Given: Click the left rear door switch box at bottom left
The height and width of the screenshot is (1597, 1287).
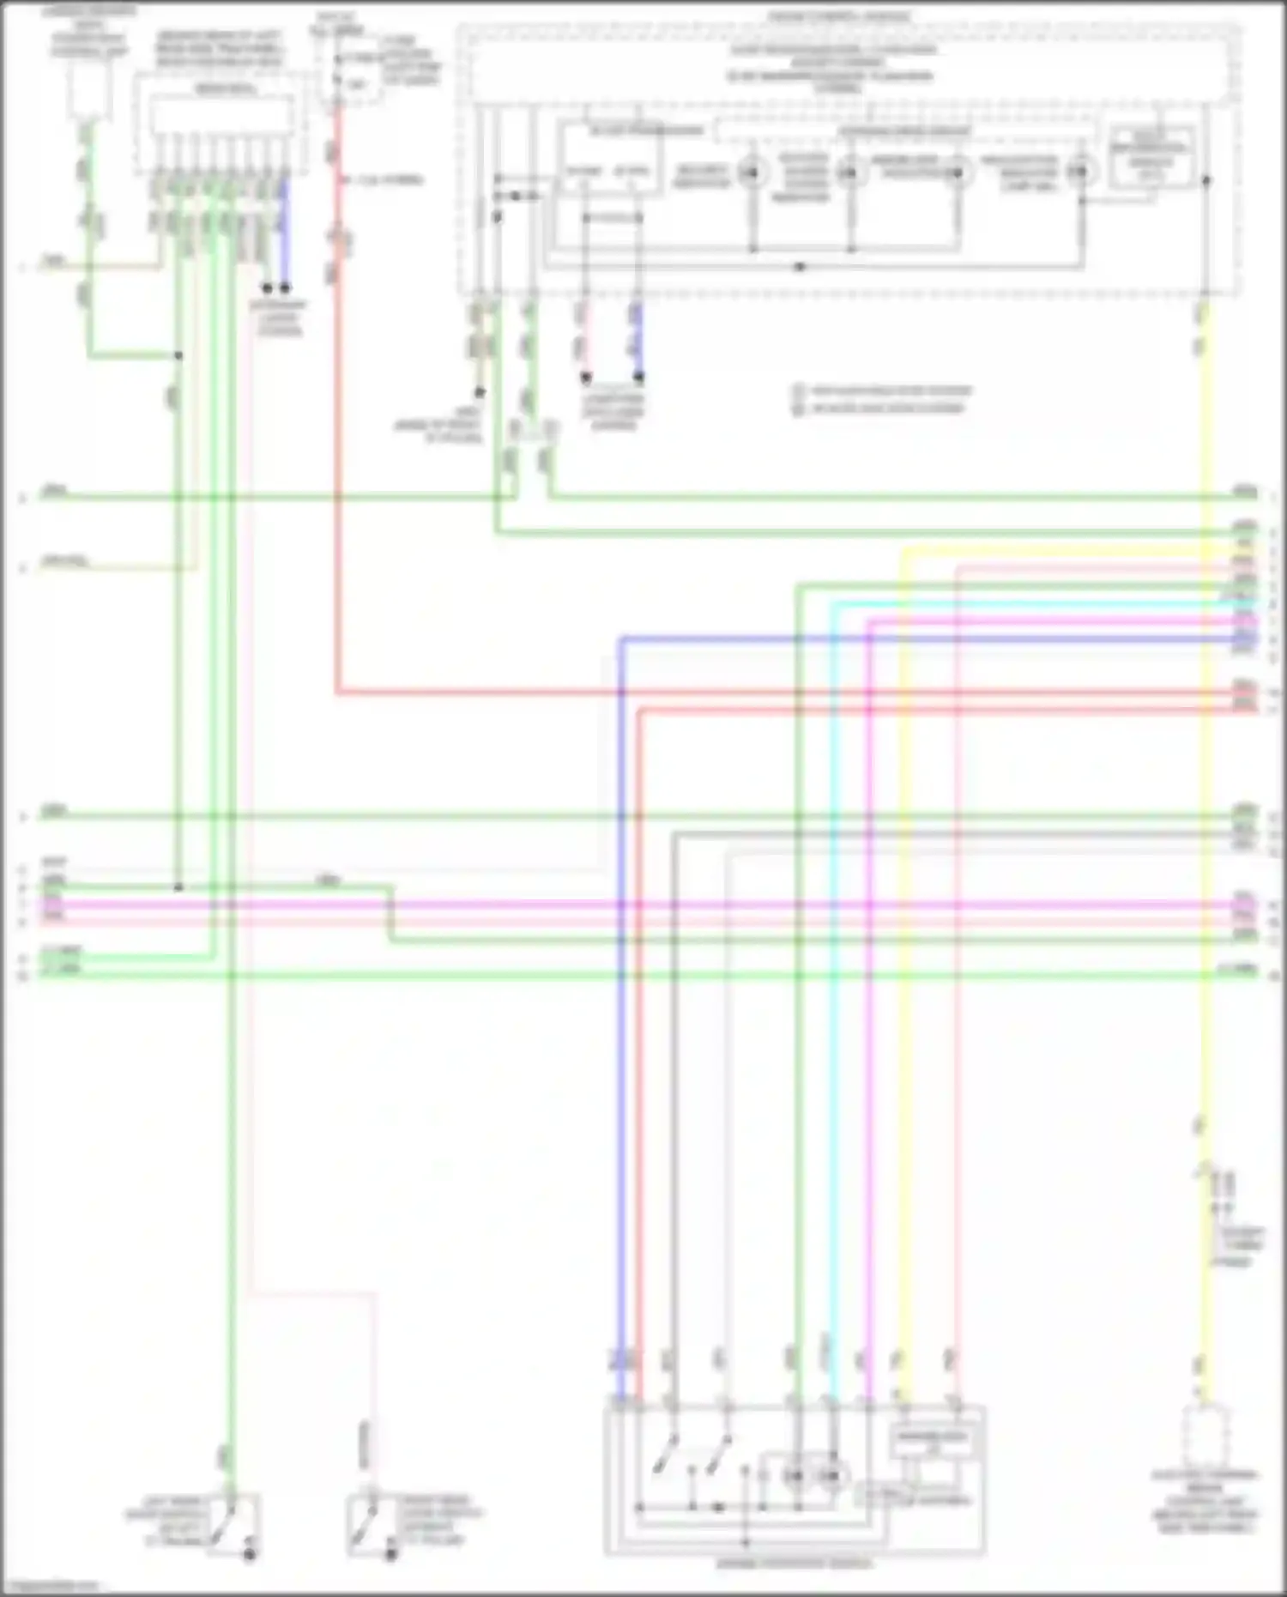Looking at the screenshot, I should point(231,1523).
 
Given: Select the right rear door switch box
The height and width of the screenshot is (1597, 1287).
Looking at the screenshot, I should point(372,1525).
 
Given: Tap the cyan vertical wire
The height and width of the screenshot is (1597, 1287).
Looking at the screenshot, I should point(831,1030).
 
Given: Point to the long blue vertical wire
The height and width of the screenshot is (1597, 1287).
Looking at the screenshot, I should point(621,1030).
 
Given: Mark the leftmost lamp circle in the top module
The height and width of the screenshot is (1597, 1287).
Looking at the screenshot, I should point(752,172).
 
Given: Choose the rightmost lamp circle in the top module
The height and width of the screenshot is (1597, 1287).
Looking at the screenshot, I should point(1081,172).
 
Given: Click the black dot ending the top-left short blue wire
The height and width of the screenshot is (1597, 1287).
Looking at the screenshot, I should point(285,288).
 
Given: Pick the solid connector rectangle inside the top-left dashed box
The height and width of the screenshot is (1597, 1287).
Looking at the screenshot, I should point(221,114).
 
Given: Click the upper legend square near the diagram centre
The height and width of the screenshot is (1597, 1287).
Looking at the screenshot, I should point(797,390).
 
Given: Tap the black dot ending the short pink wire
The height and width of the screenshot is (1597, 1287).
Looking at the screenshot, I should point(586,376).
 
